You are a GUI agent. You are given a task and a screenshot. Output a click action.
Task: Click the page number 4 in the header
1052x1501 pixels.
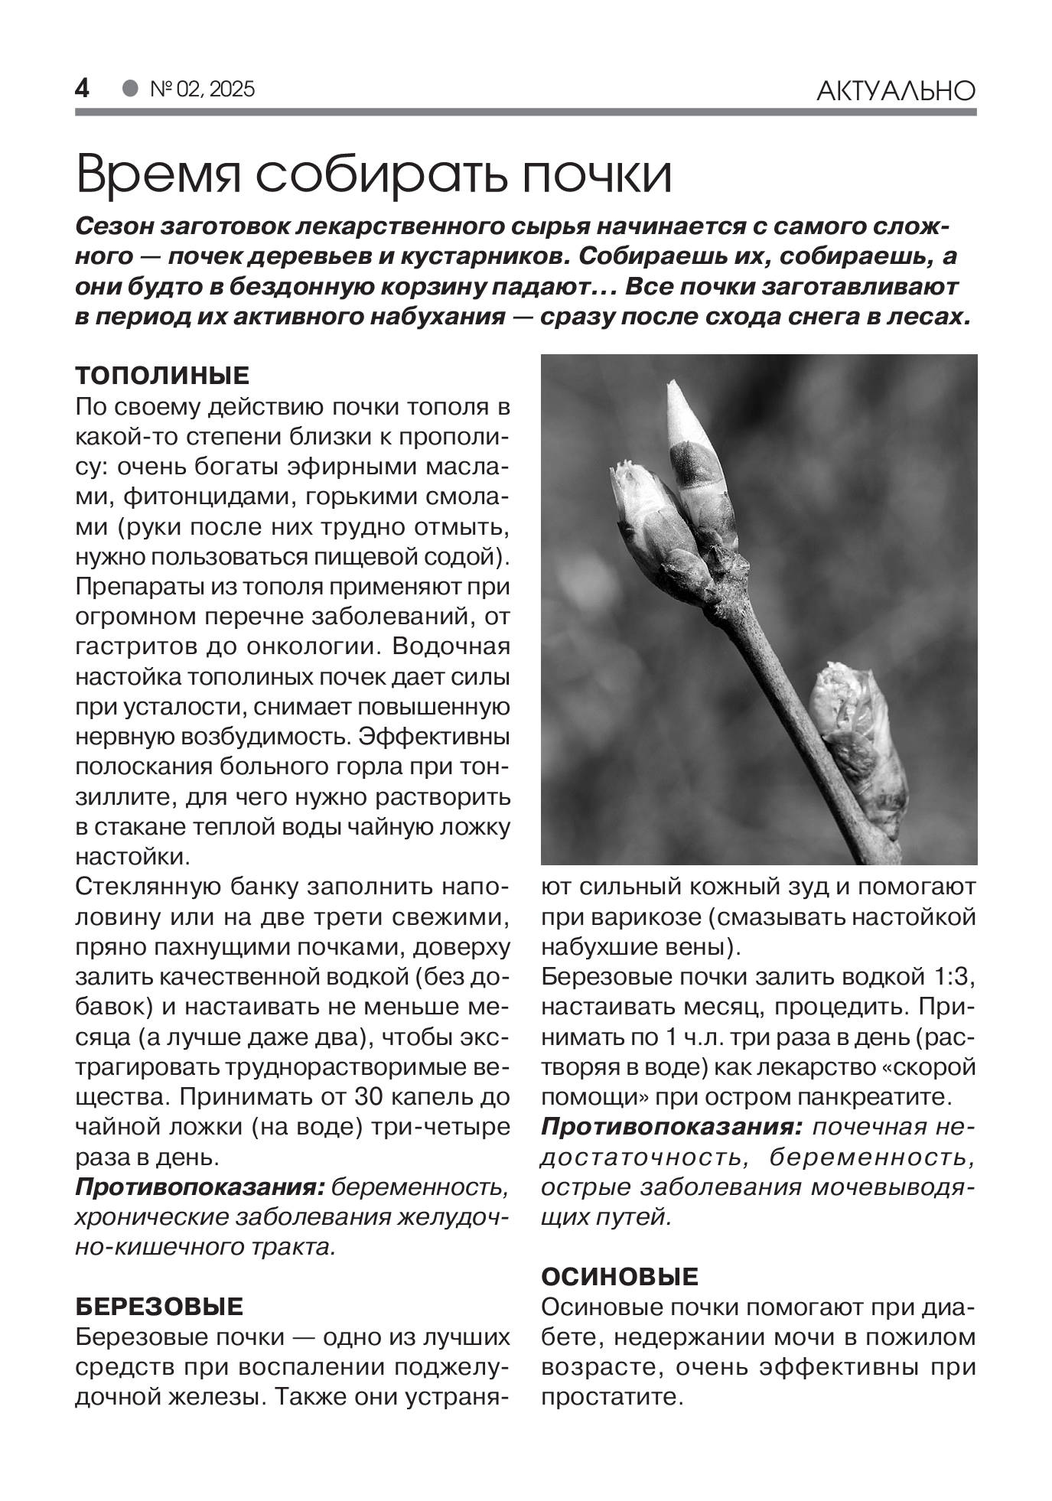click(x=82, y=89)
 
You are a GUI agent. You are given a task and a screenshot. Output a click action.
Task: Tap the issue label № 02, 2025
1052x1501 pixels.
click(x=202, y=90)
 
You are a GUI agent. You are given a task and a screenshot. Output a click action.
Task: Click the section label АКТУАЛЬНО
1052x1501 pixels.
click(x=896, y=91)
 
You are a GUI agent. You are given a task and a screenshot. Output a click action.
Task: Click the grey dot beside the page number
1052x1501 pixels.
click(x=130, y=89)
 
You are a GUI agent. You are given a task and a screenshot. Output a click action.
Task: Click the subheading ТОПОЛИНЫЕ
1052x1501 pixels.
click(x=162, y=376)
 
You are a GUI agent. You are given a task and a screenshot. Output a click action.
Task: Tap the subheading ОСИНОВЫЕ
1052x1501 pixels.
click(x=620, y=1277)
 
